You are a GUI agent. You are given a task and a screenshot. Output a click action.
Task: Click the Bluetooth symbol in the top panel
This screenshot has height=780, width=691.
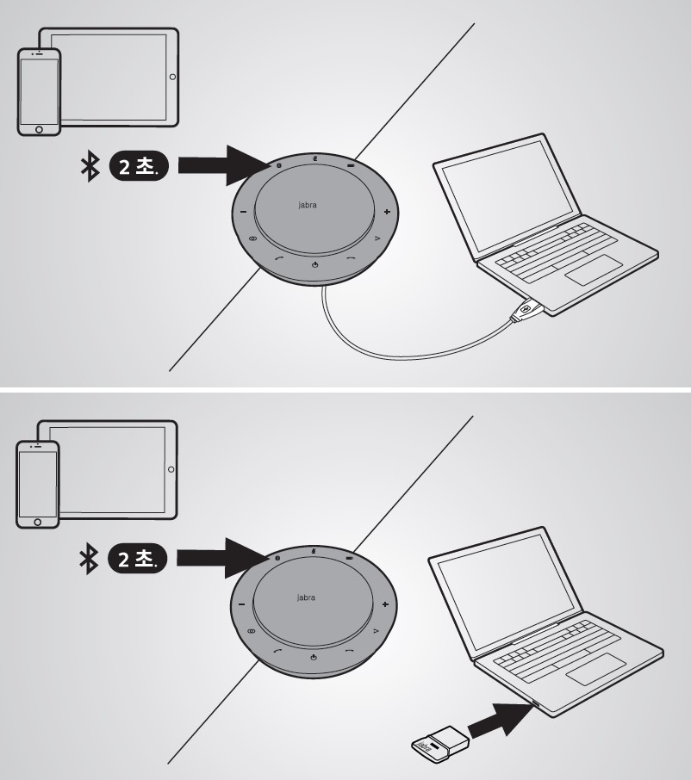(x=90, y=167)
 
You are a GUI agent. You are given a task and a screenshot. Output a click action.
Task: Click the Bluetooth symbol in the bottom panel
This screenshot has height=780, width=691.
(x=89, y=559)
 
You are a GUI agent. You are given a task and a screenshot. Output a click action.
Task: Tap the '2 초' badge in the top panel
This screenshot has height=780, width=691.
(x=139, y=165)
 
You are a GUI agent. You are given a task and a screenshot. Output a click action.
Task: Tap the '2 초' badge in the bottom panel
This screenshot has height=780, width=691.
(x=137, y=558)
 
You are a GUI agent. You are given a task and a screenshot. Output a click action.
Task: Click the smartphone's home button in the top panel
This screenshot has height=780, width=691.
(x=39, y=129)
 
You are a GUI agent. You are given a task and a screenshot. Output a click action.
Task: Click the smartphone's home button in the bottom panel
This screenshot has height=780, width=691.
(x=37, y=523)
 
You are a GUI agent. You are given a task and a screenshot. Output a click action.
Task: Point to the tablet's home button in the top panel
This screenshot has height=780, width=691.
(x=172, y=77)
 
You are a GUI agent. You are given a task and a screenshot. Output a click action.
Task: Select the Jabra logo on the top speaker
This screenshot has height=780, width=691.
(x=308, y=204)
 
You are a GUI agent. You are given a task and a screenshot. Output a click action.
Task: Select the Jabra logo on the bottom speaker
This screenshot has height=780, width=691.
(x=306, y=597)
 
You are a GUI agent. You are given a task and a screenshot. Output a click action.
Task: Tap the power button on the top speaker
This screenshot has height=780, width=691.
(x=314, y=264)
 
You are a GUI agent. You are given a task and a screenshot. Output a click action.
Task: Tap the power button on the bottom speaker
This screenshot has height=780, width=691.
(x=313, y=658)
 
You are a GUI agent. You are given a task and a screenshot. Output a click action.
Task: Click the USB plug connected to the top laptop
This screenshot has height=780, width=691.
(x=526, y=309)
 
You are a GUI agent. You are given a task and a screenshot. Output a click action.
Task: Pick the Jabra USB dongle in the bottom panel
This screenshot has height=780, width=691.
(x=440, y=744)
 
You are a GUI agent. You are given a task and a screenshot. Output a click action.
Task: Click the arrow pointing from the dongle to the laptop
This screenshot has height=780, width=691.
(x=501, y=719)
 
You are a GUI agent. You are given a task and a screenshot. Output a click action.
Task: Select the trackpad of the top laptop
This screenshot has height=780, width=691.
(x=594, y=269)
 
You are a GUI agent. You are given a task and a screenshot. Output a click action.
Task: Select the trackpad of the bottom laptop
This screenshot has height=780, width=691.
(x=596, y=669)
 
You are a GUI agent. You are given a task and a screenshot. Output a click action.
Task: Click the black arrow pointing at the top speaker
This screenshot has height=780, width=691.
(x=224, y=165)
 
